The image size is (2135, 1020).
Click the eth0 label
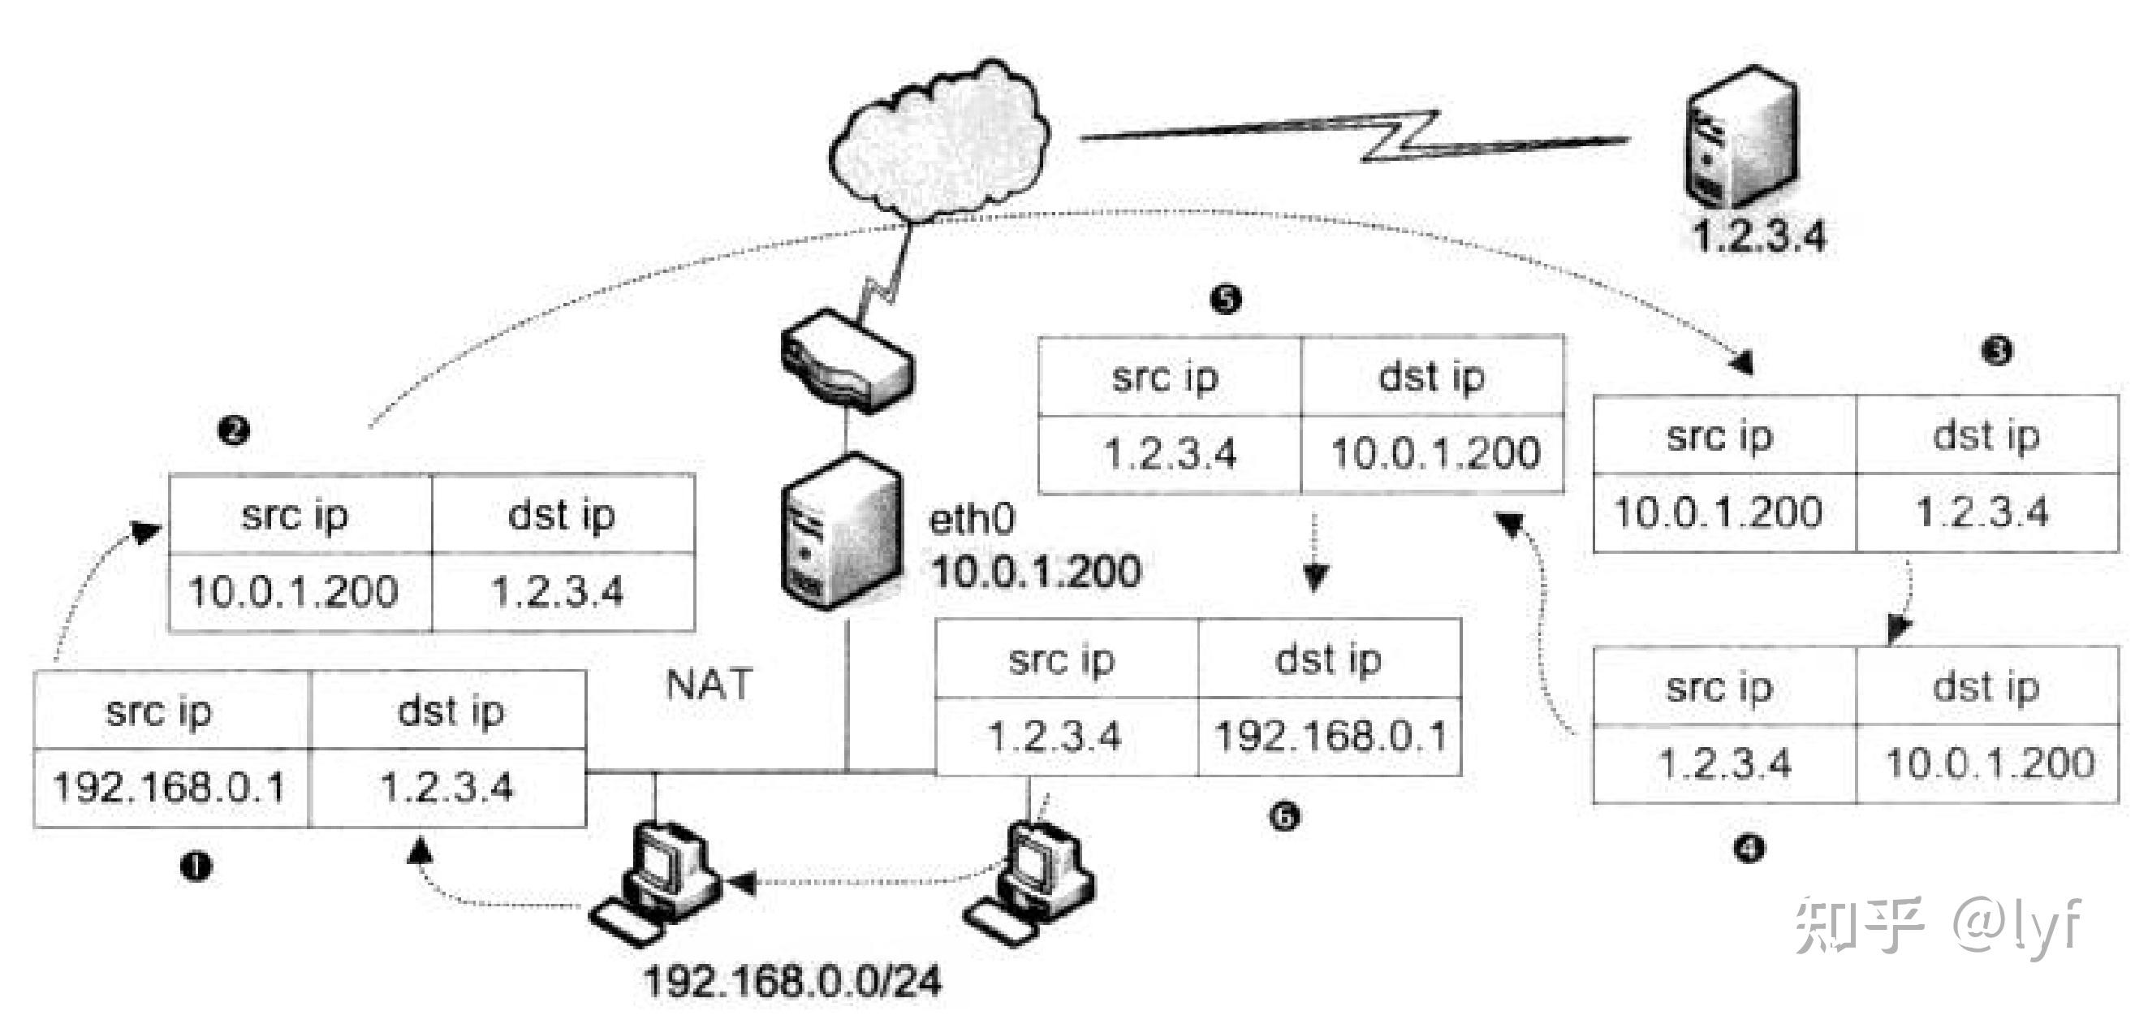pyautogui.click(x=972, y=521)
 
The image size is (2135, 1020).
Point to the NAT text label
pyautogui.click(x=709, y=685)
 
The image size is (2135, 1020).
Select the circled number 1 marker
pyautogui.click(x=196, y=867)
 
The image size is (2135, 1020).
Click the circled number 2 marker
pyautogui.click(x=234, y=430)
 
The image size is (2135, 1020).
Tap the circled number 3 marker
pyautogui.click(x=1996, y=351)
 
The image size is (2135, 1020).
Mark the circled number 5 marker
pyautogui.click(x=1226, y=299)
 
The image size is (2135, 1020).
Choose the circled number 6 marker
pyautogui.click(x=1284, y=817)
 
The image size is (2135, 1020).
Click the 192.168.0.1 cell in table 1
pyautogui.click(x=170, y=787)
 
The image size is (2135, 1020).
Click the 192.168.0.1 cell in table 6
pyautogui.click(x=1331, y=737)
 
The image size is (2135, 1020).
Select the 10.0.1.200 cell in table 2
pyautogui.click(x=294, y=592)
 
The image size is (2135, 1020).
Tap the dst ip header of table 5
pyautogui.click(x=1431, y=378)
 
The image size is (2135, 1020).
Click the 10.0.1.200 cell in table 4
pyautogui.click(x=1989, y=763)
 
